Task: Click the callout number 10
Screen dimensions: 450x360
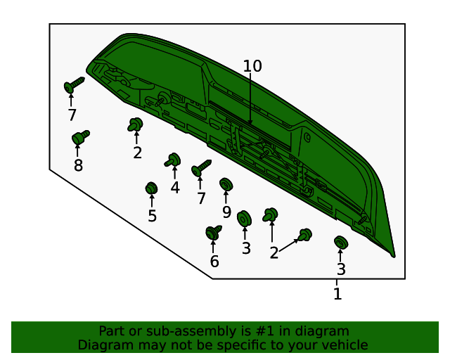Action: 252,66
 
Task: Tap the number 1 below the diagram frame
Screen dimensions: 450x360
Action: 337,294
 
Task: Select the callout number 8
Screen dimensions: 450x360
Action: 78,165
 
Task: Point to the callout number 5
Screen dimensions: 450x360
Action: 152,216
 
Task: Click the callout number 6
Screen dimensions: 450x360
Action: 214,262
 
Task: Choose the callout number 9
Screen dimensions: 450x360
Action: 226,212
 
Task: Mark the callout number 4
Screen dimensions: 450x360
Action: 175,188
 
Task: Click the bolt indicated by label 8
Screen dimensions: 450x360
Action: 80,137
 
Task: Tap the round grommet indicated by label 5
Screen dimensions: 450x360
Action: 151,188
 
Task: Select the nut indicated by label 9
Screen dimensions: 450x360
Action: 226,184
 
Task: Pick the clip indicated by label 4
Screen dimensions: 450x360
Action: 173,160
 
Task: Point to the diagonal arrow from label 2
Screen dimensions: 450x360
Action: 289,245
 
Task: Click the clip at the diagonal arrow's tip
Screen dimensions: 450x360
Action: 304,235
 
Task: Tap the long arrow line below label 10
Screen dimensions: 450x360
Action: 250,99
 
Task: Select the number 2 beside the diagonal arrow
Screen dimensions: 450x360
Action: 274,253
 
